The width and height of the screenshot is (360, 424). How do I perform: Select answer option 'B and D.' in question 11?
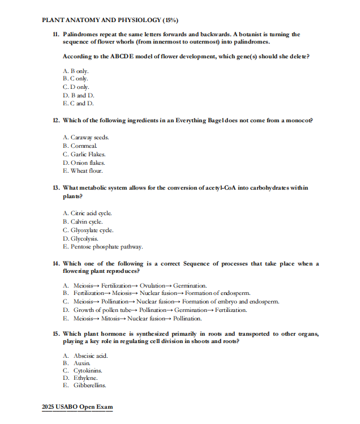click(x=79, y=95)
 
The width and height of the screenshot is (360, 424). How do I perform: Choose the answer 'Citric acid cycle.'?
click(x=87, y=213)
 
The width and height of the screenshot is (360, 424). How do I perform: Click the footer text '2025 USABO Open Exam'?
click(x=78, y=407)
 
